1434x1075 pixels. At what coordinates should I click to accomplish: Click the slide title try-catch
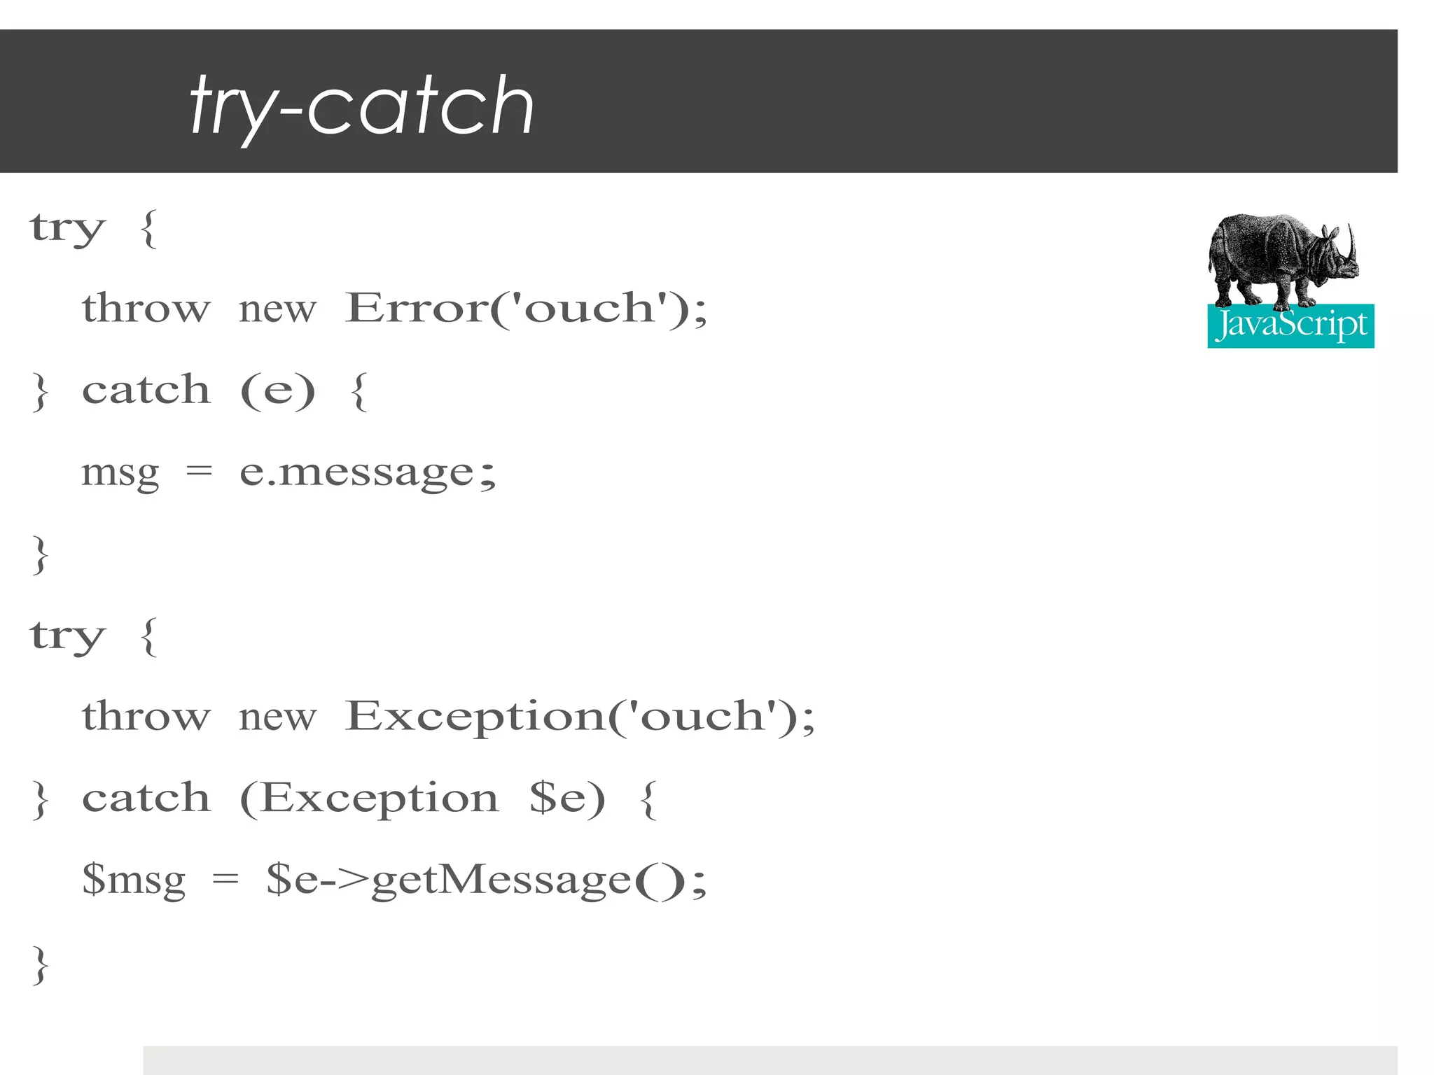pos(361,106)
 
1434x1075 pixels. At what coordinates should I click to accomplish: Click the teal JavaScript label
pos(1290,325)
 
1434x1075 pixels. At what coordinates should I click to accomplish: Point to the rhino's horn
pos(1351,241)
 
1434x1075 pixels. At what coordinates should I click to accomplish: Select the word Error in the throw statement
pos(416,307)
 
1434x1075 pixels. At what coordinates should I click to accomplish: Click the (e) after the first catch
pos(277,390)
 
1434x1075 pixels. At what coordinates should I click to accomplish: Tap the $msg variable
pos(134,880)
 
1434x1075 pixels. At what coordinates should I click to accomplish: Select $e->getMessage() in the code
pos(486,880)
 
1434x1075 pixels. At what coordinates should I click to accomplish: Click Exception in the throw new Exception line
pos(475,717)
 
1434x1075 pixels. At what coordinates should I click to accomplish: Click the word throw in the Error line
pos(146,307)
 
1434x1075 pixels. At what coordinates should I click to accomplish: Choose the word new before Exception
pos(277,717)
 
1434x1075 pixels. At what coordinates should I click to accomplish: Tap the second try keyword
pos(67,637)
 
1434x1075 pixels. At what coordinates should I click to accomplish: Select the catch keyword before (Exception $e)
pos(146,798)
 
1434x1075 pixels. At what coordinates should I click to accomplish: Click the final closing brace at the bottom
pos(41,964)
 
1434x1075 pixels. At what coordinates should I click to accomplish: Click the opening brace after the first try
pos(148,229)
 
